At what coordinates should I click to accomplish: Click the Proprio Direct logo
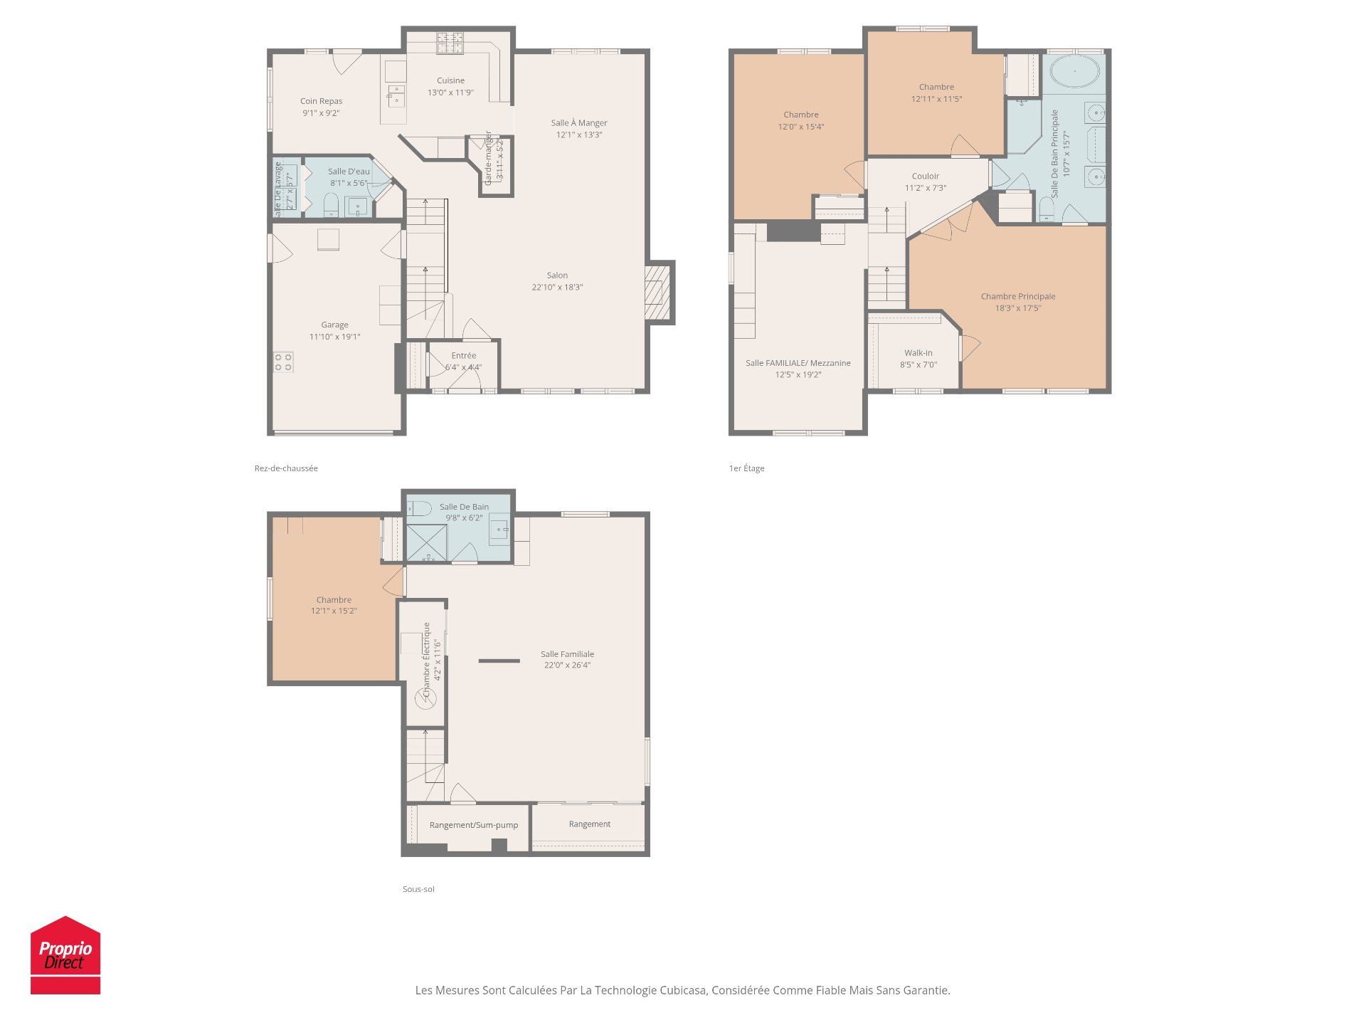[65, 955]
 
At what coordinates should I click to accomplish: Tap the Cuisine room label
[450, 80]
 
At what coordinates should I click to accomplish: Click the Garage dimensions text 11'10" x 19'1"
[334, 337]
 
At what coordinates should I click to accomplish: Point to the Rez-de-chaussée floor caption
[286, 468]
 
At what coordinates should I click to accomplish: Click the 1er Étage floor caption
[746, 468]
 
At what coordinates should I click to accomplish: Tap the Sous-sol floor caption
[418, 889]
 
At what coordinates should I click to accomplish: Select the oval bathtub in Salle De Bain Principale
[1074, 72]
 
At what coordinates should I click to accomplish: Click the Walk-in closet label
[918, 353]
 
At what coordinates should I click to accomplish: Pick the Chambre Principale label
[1017, 297]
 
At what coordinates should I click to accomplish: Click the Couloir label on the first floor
[925, 177]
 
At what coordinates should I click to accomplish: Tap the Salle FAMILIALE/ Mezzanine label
[798, 363]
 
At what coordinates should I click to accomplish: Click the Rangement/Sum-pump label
[473, 825]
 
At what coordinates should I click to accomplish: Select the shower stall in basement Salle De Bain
[426, 542]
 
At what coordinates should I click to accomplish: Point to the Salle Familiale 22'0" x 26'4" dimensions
[567, 666]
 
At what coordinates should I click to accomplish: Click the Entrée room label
[463, 356]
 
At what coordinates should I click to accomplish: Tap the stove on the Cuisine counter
[450, 43]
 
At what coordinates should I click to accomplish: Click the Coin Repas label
[321, 101]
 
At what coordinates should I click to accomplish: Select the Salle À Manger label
[578, 123]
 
